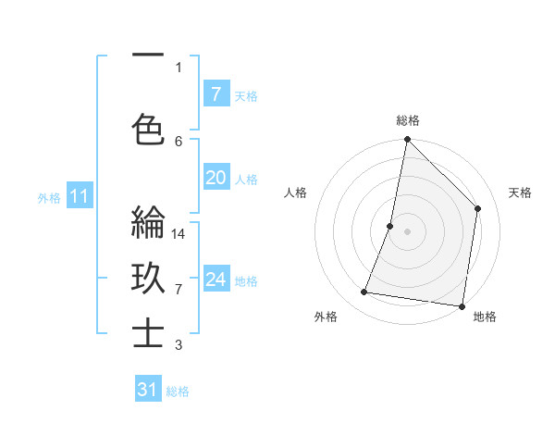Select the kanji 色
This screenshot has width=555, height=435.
pos(148,130)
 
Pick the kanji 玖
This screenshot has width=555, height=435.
pos(148,279)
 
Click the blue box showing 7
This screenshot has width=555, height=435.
pos(216,94)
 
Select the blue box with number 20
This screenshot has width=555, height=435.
pos(216,178)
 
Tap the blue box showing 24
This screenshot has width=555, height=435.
pos(216,280)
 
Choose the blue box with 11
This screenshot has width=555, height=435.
pos(80,196)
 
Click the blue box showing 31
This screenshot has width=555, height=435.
pos(148,390)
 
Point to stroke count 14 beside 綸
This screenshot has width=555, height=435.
pos(179,234)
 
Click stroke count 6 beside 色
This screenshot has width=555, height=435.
pos(179,141)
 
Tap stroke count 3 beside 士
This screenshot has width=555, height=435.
pos(179,345)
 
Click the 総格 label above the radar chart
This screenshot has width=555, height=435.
pos(407,121)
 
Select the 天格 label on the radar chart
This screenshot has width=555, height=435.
pos(520,193)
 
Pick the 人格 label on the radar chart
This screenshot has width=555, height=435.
pos(295,193)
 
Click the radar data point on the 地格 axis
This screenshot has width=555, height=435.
pos(462,305)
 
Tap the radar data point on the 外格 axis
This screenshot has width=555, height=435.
pos(364,292)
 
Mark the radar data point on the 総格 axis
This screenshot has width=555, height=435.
pos(407,140)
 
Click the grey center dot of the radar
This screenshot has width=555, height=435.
pos(407,230)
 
